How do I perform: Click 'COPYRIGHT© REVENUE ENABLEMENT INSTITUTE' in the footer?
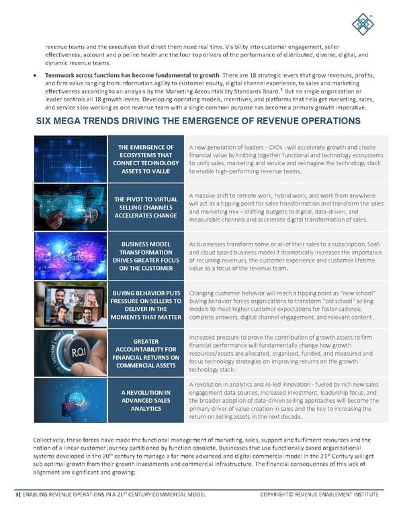coord(319,495)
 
